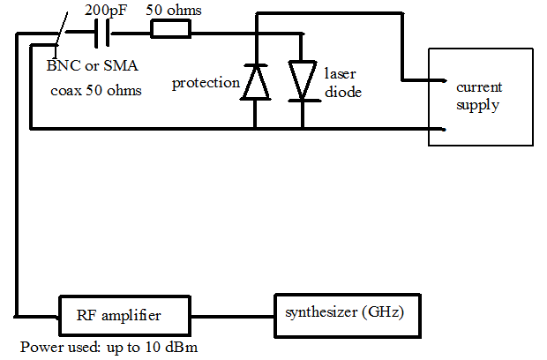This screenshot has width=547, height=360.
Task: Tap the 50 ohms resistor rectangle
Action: (170, 30)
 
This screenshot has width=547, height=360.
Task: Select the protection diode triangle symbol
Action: (255, 81)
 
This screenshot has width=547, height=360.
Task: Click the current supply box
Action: (482, 96)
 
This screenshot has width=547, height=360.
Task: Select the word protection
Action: (206, 83)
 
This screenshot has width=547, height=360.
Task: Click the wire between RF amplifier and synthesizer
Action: (233, 314)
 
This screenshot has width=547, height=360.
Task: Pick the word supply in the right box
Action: (477, 106)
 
